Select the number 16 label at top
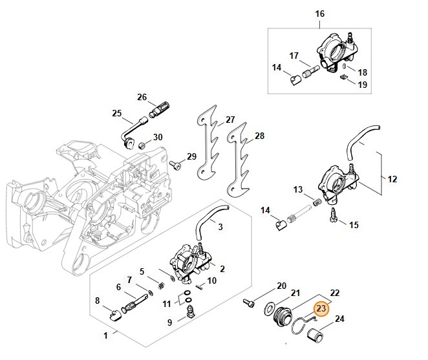click(320, 14)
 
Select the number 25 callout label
click(116, 114)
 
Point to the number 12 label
click(392, 179)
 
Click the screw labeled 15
click(336, 222)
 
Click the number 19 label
click(362, 85)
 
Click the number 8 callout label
click(98, 300)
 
